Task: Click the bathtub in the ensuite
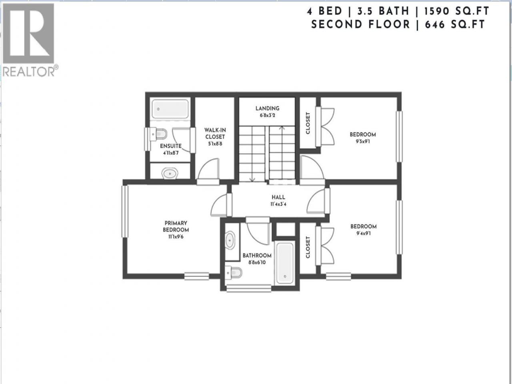click(x=170, y=109)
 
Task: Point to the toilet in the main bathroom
click(x=234, y=272)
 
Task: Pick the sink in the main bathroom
click(x=230, y=240)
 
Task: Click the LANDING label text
click(x=267, y=108)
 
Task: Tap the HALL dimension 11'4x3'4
click(x=278, y=204)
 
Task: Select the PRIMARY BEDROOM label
click(x=176, y=226)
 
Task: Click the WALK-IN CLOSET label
click(x=215, y=133)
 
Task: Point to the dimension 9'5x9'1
click(x=363, y=141)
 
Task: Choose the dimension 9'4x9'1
click(x=364, y=233)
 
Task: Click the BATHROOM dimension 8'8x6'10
click(x=257, y=262)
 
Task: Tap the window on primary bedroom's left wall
click(x=125, y=211)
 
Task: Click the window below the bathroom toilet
click(x=249, y=289)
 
